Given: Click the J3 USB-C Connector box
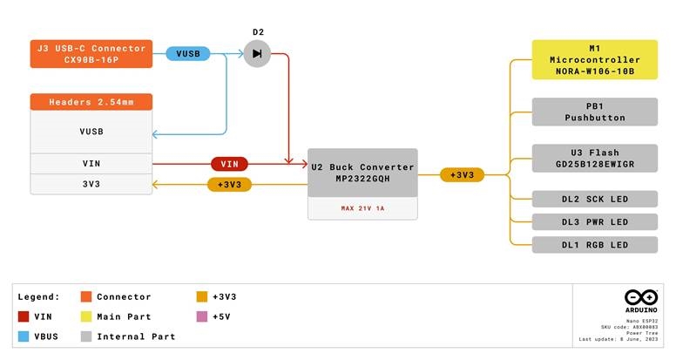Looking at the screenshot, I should click(x=91, y=54).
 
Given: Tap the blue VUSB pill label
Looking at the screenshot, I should click(x=188, y=54).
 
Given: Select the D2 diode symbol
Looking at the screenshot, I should click(x=257, y=54).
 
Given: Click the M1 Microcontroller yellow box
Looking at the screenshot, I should click(x=595, y=59).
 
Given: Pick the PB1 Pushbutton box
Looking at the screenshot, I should click(x=595, y=111).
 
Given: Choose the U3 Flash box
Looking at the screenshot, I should click(x=595, y=158).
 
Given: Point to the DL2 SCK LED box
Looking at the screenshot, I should click(x=595, y=200).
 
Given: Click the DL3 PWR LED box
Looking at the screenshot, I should click(x=595, y=222).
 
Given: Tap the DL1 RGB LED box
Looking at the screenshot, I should click(x=595, y=245).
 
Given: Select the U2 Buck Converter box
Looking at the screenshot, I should click(x=362, y=173).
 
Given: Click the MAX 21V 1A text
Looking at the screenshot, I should click(x=362, y=209).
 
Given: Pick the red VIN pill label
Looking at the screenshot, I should click(x=230, y=163).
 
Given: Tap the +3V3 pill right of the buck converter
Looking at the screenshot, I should click(x=462, y=175).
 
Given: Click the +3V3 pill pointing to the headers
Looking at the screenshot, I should click(x=230, y=185).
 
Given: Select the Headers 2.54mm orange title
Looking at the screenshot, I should click(x=91, y=102).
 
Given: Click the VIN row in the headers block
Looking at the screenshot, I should click(x=91, y=163).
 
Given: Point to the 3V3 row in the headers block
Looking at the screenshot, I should click(x=91, y=185).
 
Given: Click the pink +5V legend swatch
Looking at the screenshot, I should click(x=203, y=316).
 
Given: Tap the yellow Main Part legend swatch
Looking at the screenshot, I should click(x=85, y=316).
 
